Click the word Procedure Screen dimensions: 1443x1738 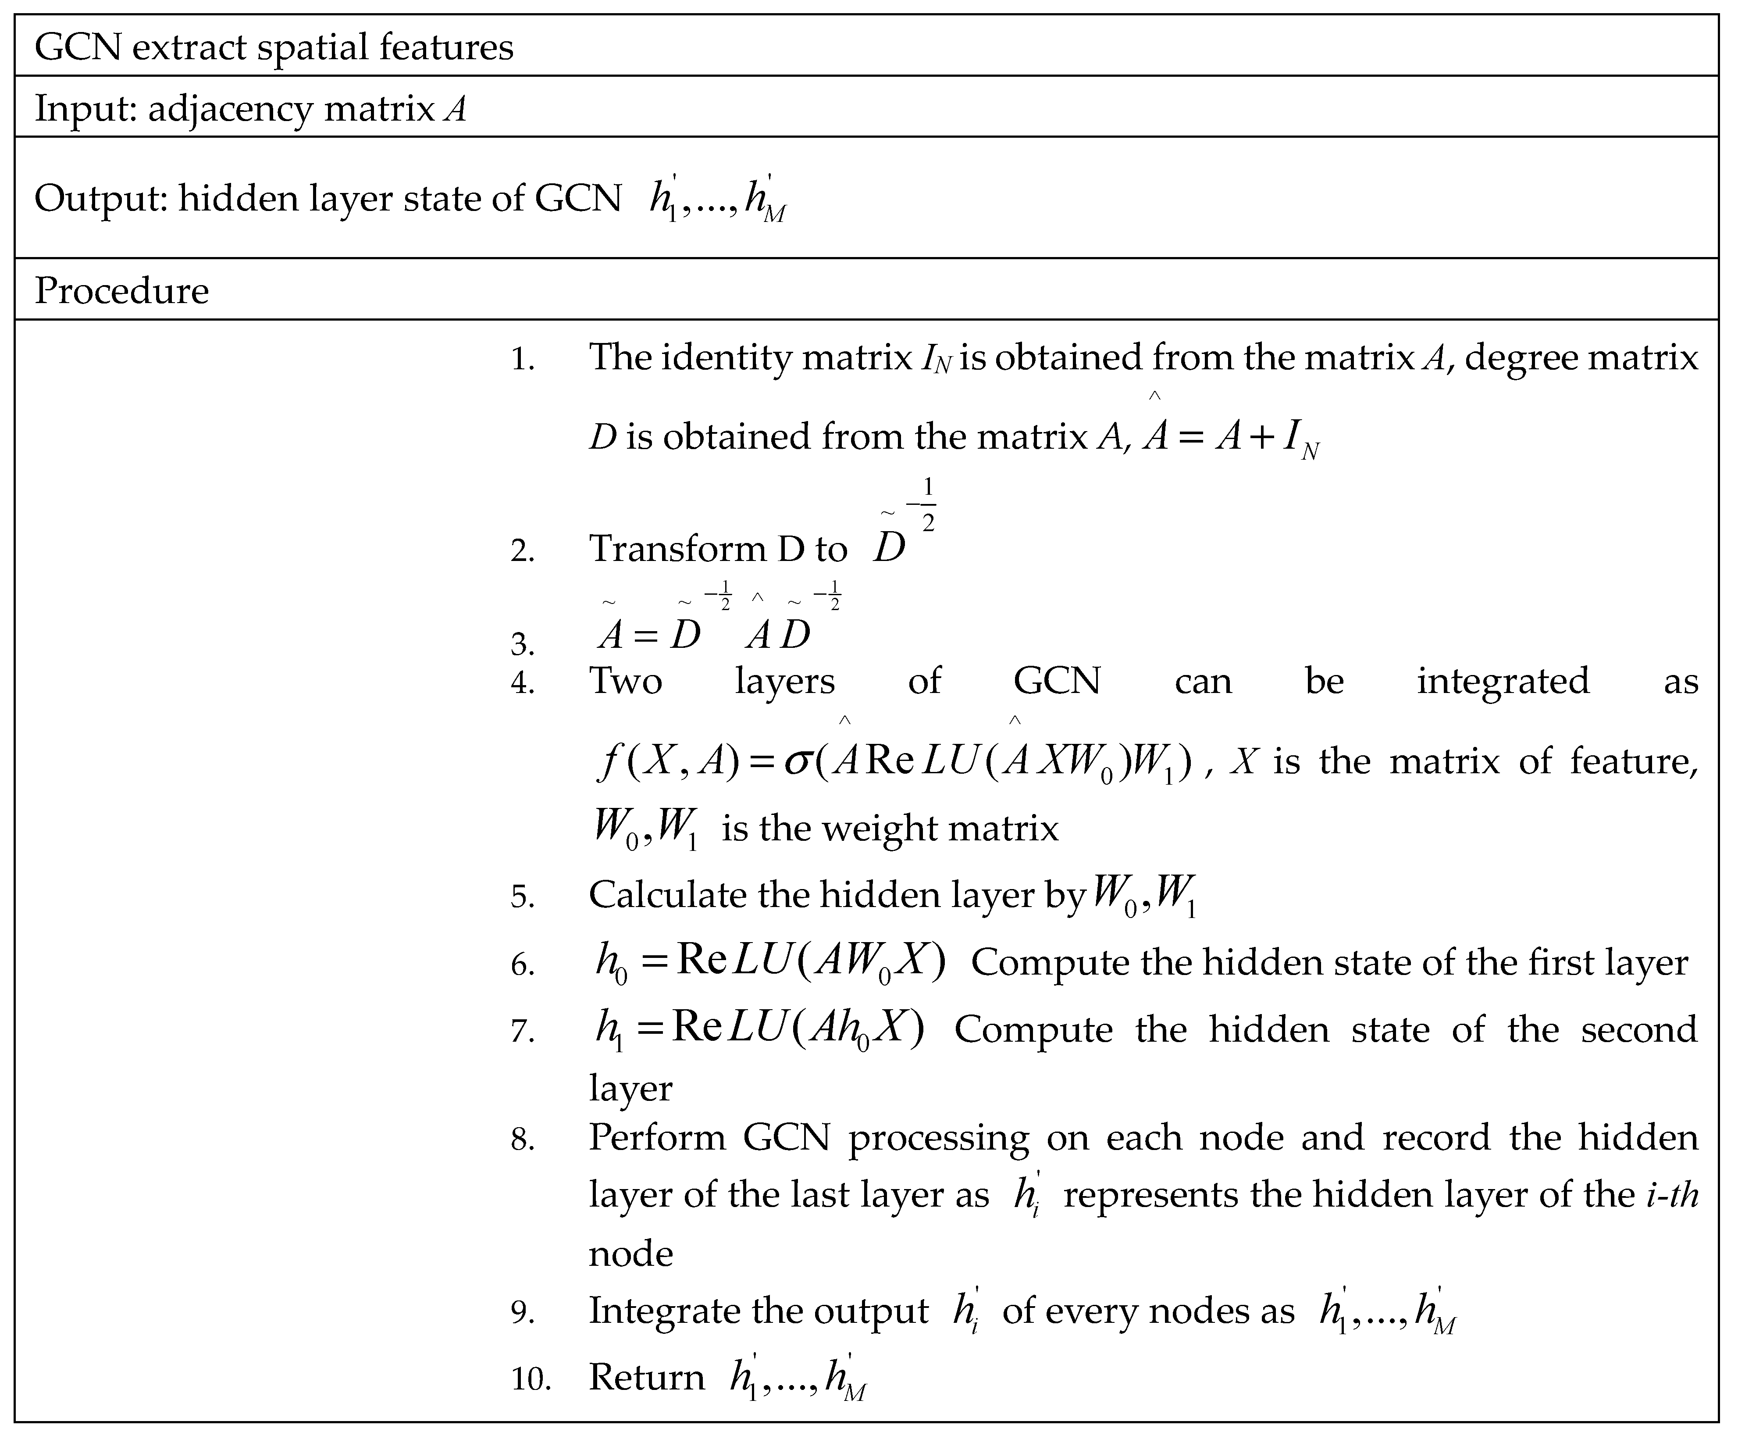click(121, 291)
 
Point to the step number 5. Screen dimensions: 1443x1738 click(522, 897)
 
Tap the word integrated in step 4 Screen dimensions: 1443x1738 click(1502, 681)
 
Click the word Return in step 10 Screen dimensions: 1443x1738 click(646, 1378)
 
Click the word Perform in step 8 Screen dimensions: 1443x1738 click(656, 1138)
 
